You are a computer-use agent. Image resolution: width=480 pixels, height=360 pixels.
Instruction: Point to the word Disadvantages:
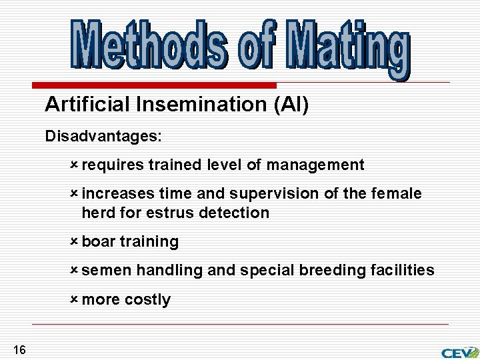pos(103,137)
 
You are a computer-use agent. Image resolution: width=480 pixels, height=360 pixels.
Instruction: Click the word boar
pos(99,242)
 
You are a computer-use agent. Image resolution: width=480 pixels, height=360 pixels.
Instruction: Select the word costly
pos(147,300)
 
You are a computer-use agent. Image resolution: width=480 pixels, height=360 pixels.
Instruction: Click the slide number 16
pos(19,350)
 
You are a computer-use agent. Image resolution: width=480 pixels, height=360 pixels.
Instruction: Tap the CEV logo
pos(459,351)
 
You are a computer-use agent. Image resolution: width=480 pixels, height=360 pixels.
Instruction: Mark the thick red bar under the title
pos(154,86)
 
